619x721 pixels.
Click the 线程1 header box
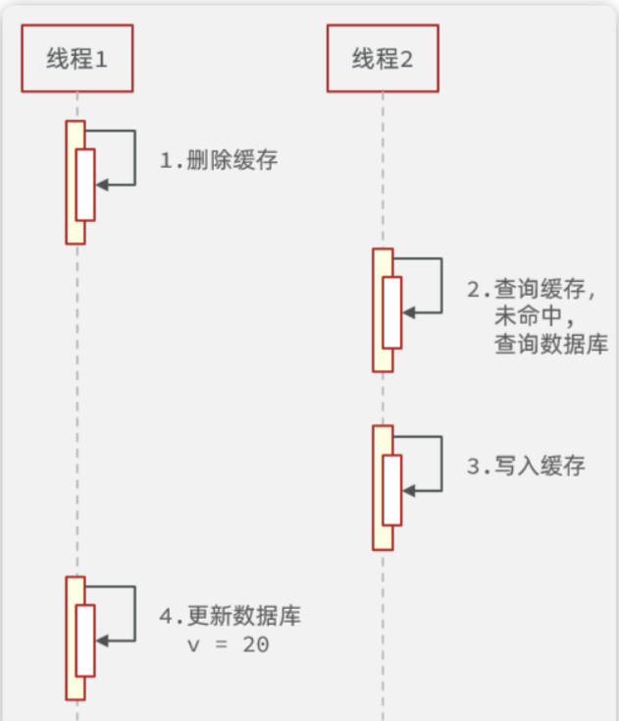(77, 59)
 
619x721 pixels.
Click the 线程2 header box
(382, 59)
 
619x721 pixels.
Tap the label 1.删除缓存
(219, 160)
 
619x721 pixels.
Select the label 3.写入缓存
(526, 466)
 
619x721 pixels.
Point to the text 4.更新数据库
(231, 618)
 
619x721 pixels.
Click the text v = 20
(229, 645)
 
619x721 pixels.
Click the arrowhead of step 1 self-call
(101, 184)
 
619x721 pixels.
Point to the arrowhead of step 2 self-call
(408, 311)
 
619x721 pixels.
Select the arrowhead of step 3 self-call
(408, 489)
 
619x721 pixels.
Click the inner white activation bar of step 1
(85, 185)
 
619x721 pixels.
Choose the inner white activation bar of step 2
(392, 312)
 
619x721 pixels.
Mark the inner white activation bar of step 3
(392, 489)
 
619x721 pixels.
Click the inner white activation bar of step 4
(85, 640)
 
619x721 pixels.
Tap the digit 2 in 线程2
(406, 59)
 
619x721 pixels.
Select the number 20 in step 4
(257, 645)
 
